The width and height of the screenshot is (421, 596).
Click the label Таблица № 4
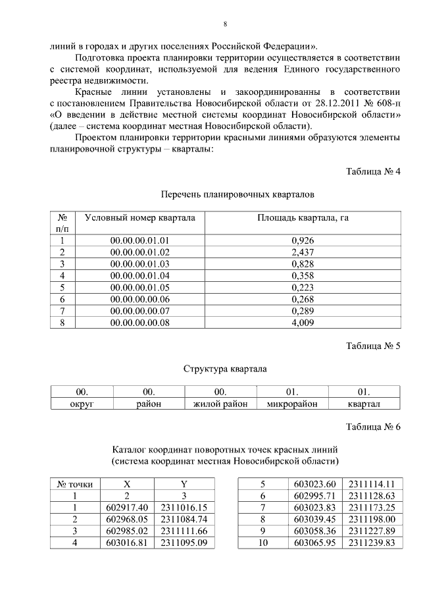pyautogui.click(x=373, y=172)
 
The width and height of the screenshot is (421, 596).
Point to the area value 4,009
pyautogui.click(x=303, y=323)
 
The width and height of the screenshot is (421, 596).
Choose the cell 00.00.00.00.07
pyautogui.click(x=140, y=312)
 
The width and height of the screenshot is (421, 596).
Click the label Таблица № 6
pyautogui.click(x=373, y=427)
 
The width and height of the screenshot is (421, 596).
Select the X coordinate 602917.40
pyautogui.click(x=128, y=507)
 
